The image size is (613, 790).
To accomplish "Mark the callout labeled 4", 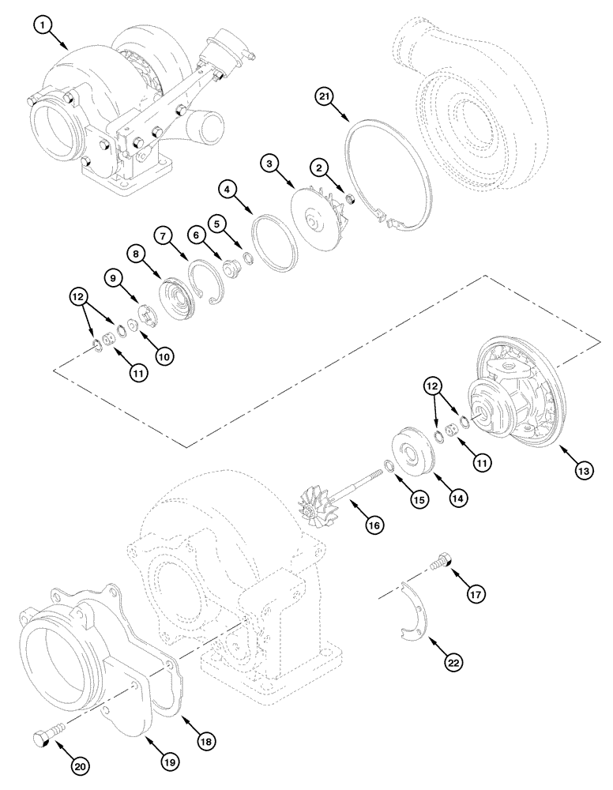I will click(227, 190).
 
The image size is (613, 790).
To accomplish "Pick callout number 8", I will click(137, 254).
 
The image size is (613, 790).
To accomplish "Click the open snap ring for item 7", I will click(206, 283).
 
